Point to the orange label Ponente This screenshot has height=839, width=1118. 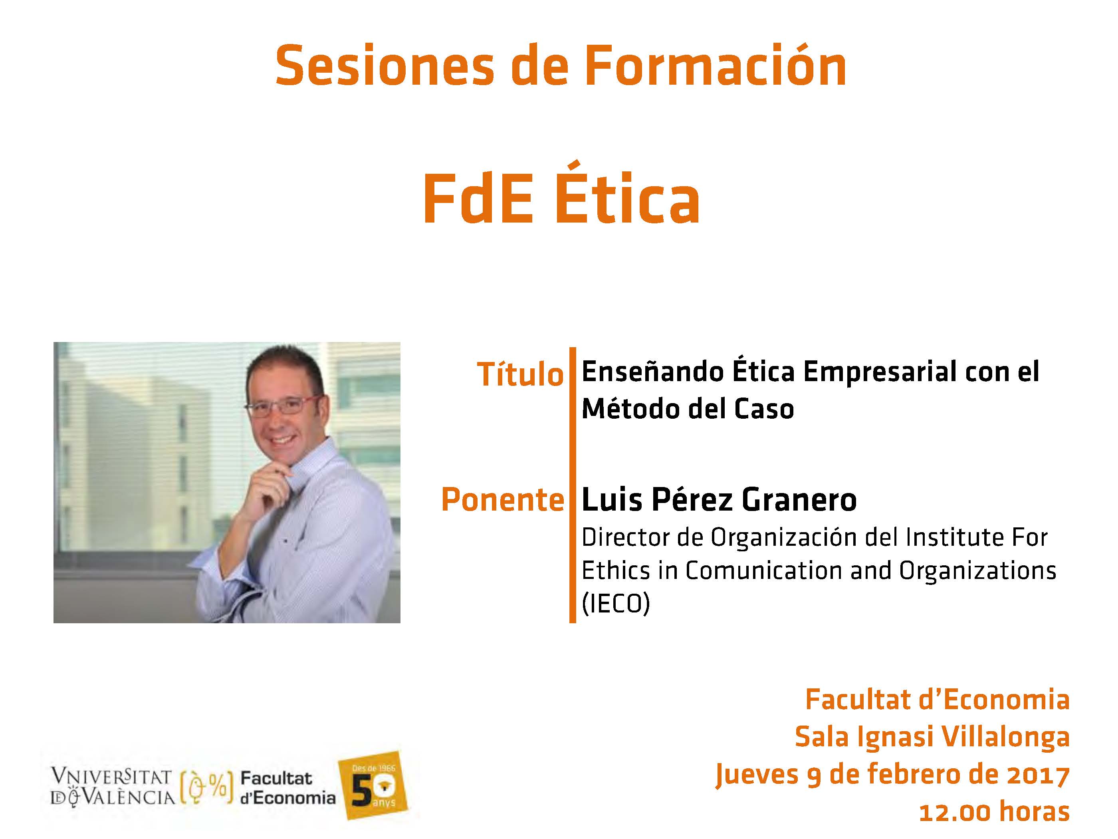[x=502, y=500]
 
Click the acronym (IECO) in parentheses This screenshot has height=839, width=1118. [x=616, y=602]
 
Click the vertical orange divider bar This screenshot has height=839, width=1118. [x=572, y=485]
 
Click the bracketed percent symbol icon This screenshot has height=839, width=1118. [x=206, y=787]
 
